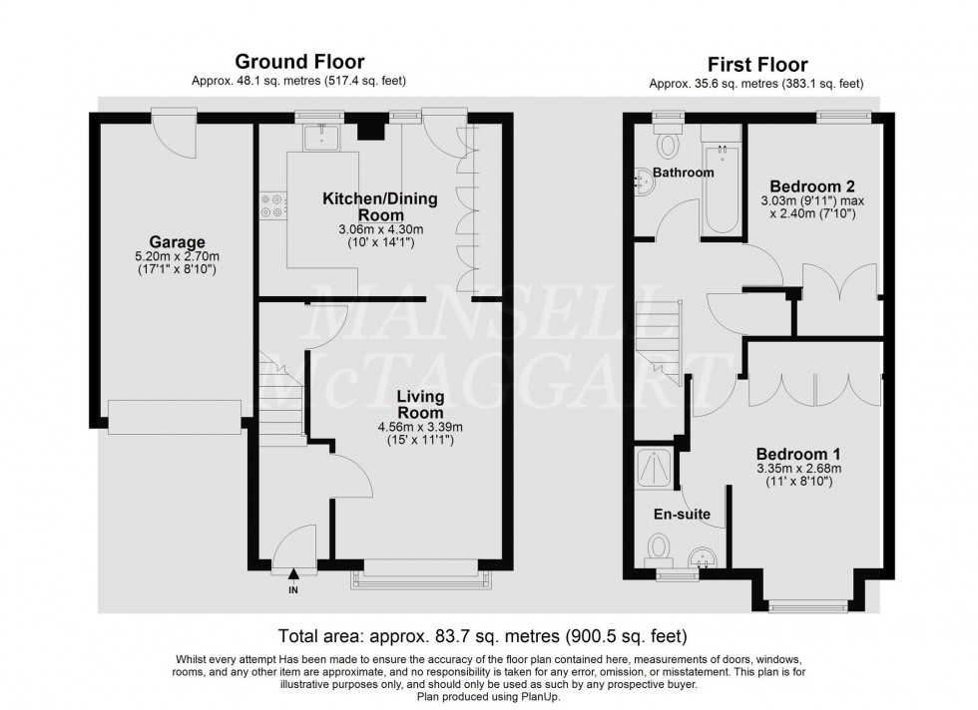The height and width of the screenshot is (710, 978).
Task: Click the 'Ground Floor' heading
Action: pos(298,63)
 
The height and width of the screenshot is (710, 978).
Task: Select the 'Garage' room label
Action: pos(178,242)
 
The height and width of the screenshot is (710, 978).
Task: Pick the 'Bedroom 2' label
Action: pos(812,186)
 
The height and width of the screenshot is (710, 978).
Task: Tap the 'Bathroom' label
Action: pos(684,173)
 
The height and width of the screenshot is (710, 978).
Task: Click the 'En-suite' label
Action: pos(681,515)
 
